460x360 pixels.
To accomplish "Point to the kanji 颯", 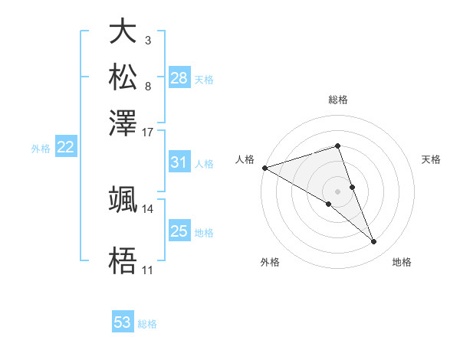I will coord(123,199).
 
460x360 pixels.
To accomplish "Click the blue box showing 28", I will coord(179,77).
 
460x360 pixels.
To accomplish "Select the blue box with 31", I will coord(179,162).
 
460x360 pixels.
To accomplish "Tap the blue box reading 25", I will coord(179,231).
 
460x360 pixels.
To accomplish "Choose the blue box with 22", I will coord(66,148).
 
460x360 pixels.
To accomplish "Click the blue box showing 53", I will coord(123,322).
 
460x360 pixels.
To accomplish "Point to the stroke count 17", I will coord(148,132).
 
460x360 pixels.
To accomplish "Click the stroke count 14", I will coord(148,208).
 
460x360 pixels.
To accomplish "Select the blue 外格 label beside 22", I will coord(41,149).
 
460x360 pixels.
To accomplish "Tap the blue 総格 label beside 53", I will coord(147,324).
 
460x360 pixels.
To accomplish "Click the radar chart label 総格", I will coord(338,100).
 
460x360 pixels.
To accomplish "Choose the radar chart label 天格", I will coord(432,159).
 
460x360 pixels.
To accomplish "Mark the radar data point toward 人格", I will coord(264,167).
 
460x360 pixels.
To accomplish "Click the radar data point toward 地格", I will coord(374,242).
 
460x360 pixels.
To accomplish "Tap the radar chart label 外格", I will coord(270,263).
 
